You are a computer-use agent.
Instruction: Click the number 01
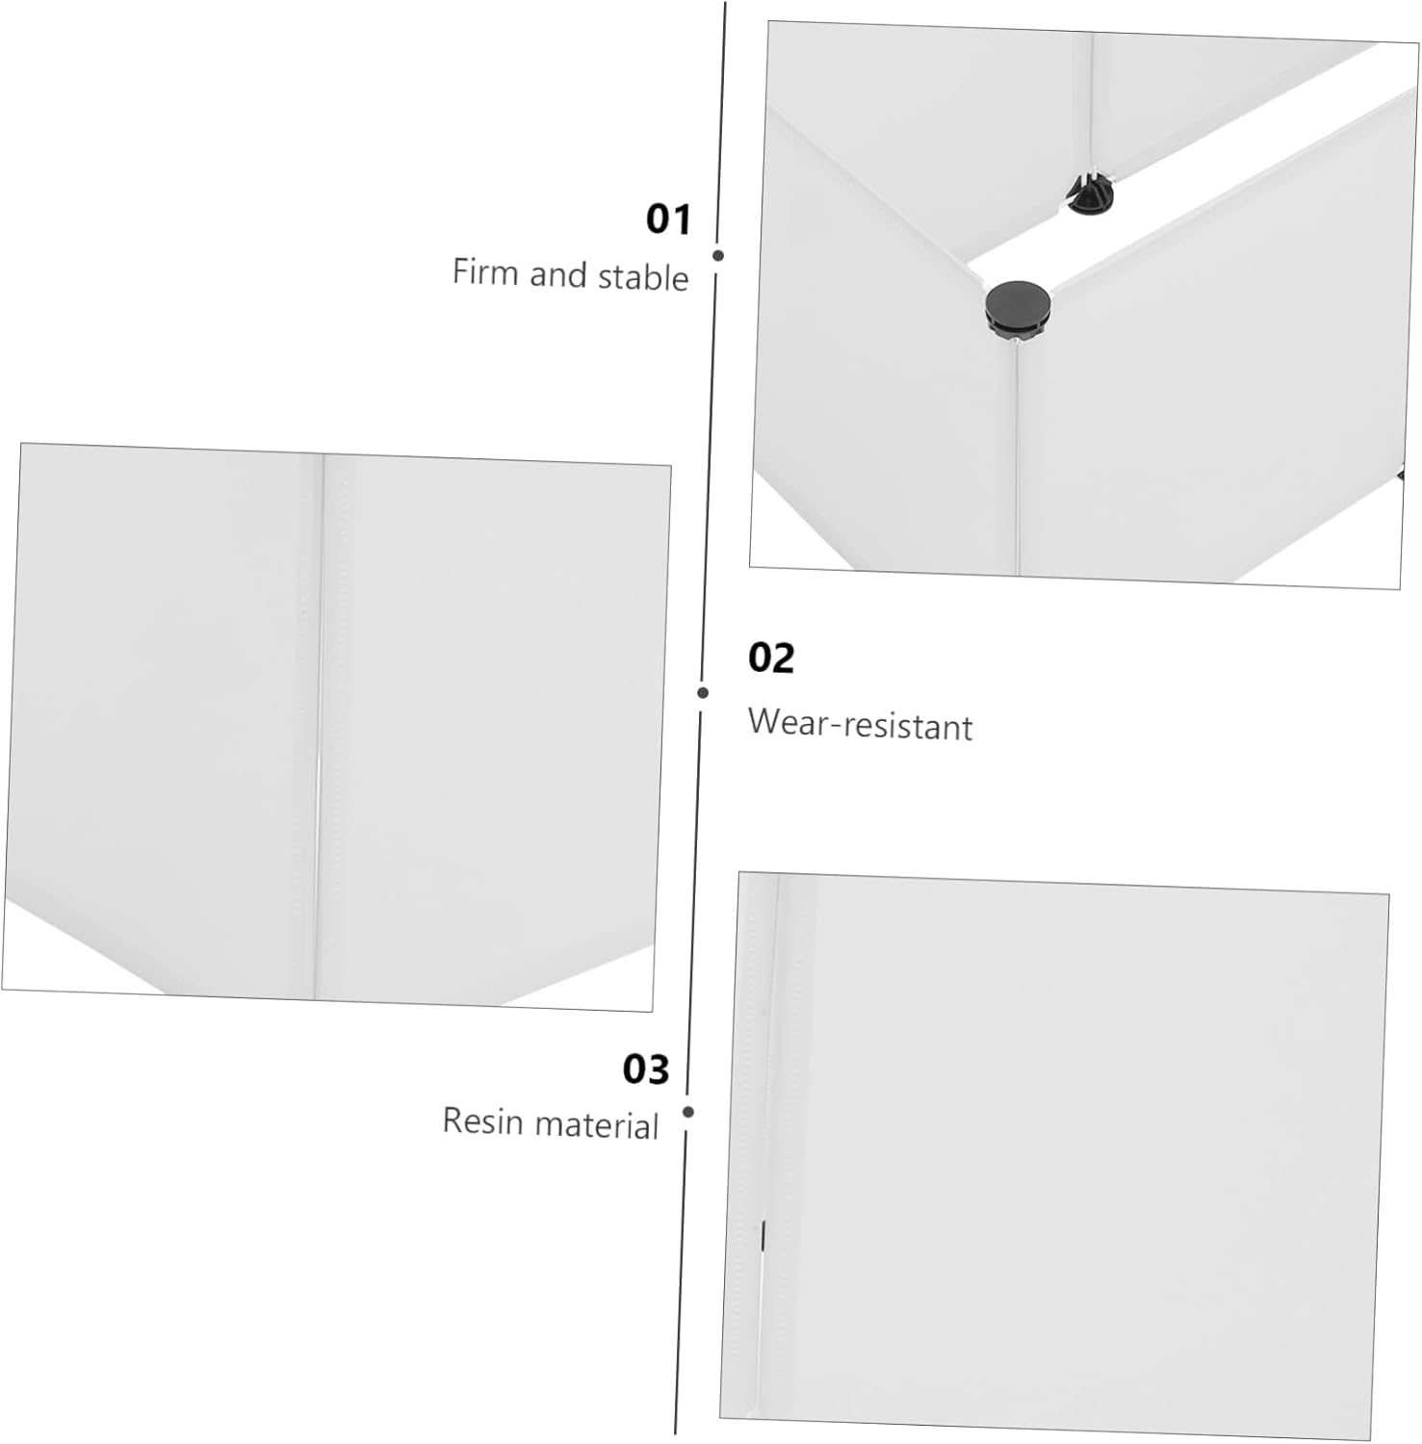668,219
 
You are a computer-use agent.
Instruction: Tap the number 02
770,658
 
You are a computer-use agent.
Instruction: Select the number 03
645,1070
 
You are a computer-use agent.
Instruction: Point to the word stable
642,278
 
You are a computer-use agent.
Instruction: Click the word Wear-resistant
860,725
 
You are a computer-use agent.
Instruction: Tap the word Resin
481,1122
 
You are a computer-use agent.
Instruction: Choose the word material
597,1125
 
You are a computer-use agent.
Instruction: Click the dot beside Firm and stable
718,256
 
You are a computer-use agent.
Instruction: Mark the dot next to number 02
704,692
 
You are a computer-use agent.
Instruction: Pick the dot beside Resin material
688,1112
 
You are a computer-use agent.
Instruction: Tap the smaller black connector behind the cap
1090,196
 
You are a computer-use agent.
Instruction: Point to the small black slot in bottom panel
763,1235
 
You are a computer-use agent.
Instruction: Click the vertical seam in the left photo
320,722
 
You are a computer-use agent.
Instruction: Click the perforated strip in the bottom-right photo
756,1059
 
